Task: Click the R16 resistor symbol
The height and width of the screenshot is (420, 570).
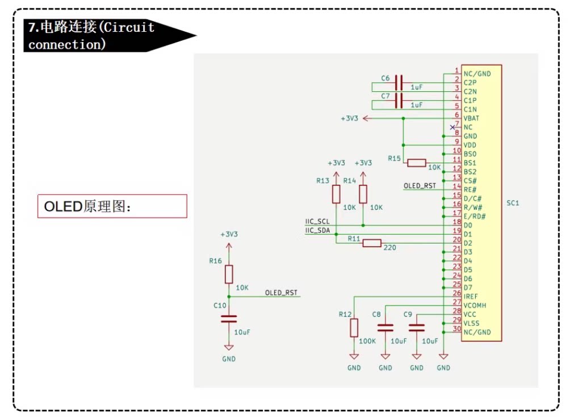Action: (229, 274)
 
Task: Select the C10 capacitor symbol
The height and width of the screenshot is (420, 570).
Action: (229, 319)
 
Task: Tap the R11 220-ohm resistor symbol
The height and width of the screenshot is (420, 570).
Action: (372, 243)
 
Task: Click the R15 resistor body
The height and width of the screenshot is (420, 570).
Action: (417, 163)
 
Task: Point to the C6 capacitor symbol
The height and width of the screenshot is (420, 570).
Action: (399, 83)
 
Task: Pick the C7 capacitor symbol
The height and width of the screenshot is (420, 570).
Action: (399, 100)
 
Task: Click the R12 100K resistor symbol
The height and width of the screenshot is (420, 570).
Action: (354, 328)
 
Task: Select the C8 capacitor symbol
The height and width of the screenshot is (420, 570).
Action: (385, 328)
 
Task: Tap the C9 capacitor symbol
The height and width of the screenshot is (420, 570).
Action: (417, 328)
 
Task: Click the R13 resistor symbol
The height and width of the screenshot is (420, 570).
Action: (336, 194)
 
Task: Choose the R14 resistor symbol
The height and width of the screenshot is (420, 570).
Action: (363, 194)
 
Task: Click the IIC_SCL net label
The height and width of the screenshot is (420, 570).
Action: (317, 222)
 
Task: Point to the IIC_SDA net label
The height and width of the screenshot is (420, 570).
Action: (317, 231)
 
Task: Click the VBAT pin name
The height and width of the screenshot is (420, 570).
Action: (471, 118)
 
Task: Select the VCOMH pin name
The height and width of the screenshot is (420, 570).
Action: (475, 306)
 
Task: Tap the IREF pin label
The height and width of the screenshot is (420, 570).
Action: (471, 296)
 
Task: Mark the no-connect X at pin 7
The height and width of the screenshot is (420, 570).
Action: (452, 128)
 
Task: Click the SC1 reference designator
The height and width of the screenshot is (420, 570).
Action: (513, 203)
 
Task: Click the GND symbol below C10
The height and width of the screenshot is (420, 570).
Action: (229, 347)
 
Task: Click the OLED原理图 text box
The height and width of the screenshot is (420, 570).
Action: (112, 206)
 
